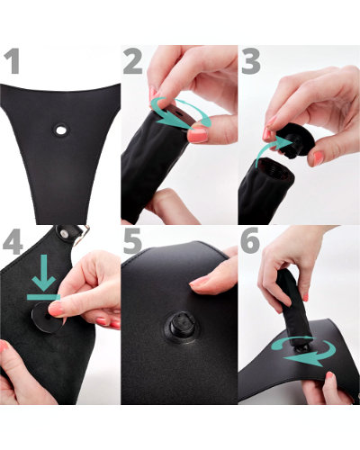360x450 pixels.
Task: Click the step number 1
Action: tap(12, 61)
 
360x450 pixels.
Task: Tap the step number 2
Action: tap(132, 61)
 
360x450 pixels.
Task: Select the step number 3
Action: tap(250, 61)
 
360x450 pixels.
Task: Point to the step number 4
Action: tap(13, 242)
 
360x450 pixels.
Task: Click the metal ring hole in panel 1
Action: tap(61, 130)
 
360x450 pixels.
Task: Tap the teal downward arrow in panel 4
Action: tap(44, 273)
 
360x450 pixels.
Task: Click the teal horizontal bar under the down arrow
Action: tap(44, 297)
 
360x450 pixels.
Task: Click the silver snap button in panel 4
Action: tap(64, 233)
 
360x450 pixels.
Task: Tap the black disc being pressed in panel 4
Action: tap(48, 318)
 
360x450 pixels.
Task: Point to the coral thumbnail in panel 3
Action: tap(318, 157)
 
